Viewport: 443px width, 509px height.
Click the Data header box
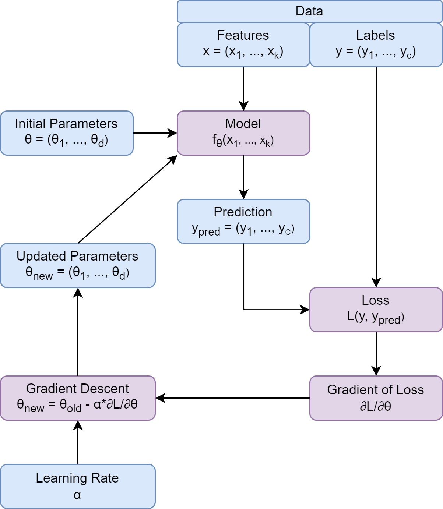click(x=309, y=11)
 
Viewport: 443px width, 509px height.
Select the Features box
click(x=243, y=45)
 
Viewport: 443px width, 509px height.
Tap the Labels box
click(x=376, y=45)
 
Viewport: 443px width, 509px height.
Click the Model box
click(x=243, y=133)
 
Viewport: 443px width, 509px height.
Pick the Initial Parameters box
click(x=67, y=133)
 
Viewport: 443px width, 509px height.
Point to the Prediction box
click(x=243, y=221)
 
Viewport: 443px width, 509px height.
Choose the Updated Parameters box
click(x=78, y=265)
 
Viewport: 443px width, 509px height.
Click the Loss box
click(x=376, y=310)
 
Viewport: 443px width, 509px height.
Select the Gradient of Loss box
click(x=376, y=398)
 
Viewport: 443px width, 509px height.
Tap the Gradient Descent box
click(x=78, y=398)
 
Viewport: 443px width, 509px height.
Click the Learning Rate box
click(x=78, y=486)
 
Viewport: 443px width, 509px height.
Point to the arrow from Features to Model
click(x=243, y=88)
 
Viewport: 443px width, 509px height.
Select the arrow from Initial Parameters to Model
click(x=155, y=133)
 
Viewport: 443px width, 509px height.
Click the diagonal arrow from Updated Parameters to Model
click(x=127, y=199)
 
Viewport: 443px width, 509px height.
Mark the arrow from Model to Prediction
click(x=243, y=177)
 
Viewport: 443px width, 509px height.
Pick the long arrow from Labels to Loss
click(x=376, y=177)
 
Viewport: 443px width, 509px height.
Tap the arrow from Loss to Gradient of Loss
click(x=376, y=353)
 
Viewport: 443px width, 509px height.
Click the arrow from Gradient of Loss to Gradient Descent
click(x=232, y=398)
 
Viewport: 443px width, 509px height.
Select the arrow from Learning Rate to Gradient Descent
click(x=78, y=442)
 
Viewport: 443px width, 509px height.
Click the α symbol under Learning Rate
click(x=77, y=495)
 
